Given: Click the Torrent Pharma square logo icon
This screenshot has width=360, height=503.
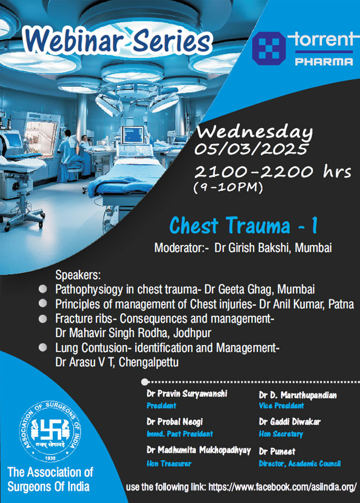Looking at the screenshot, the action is (269, 48).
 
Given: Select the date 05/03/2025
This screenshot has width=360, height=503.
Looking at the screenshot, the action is (251, 149).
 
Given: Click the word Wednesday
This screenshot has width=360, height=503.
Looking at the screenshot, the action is (255, 133).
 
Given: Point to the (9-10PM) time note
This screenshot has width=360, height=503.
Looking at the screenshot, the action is (228, 187).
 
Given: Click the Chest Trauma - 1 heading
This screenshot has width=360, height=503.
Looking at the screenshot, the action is (244, 225).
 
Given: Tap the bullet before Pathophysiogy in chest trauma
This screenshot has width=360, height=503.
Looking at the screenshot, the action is (43, 289).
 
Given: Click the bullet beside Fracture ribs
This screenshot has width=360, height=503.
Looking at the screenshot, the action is (43, 319).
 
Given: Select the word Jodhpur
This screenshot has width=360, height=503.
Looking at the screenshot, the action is (192, 333).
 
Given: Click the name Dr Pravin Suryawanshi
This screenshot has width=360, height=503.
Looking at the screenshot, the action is (187, 393).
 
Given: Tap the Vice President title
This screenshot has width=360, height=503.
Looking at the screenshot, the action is (281, 406).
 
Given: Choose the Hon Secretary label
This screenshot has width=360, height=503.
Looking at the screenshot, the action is (281, 434).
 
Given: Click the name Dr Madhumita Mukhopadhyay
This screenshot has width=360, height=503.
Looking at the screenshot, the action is (199, 450).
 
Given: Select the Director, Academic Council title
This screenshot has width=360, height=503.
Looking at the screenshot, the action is (300, 464).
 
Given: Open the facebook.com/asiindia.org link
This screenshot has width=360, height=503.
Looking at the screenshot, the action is (282, 487).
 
